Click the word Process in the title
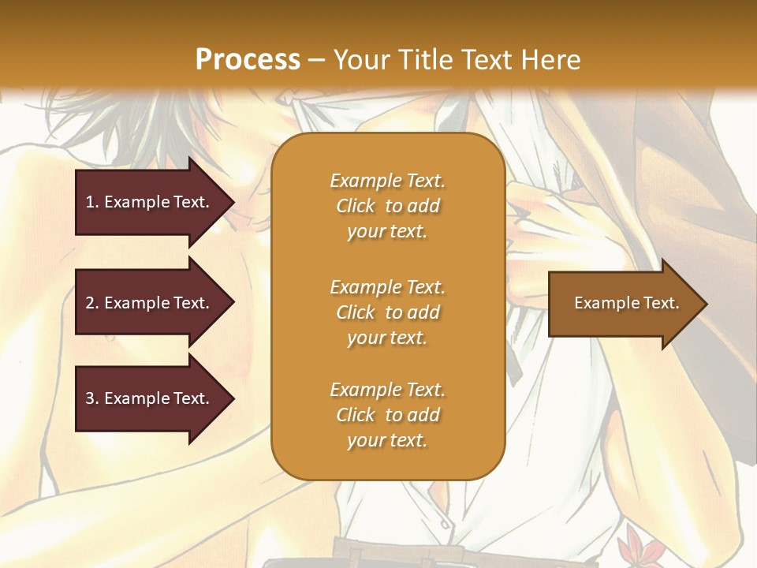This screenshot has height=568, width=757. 248,59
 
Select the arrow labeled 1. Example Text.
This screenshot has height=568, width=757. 148,202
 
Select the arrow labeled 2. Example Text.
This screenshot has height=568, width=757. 148,303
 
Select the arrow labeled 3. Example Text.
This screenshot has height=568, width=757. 148,398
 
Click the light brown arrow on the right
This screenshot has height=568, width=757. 623,304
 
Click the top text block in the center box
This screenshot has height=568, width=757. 387,206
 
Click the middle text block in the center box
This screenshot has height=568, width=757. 387,312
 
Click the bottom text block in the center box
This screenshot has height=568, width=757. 387,415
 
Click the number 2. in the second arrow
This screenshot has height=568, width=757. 92,303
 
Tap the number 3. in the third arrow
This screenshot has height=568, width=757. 92,398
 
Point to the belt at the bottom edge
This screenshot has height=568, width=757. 371,551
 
